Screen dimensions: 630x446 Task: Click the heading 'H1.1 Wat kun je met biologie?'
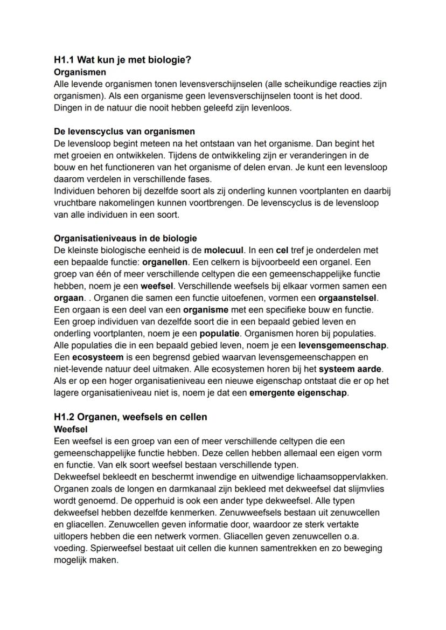123,60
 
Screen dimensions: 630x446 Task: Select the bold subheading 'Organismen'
80,72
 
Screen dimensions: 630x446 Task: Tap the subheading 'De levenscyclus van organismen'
124,131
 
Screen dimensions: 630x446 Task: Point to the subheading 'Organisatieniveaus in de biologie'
126,238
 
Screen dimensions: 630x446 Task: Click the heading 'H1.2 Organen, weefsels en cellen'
130,417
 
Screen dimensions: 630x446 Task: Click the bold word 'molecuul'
222,250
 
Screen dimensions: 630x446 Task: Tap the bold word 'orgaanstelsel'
348,297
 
